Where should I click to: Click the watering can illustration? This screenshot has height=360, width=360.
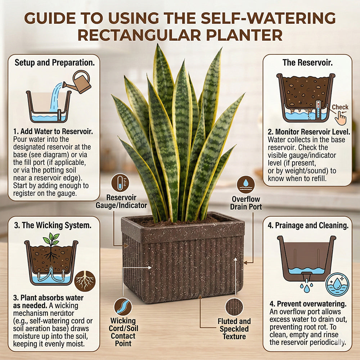tap(78, 82)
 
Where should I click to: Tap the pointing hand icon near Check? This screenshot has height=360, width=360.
tap(340, 118)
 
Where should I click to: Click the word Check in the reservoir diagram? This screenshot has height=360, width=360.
tap(340, 107)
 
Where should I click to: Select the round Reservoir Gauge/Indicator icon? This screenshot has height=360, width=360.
tap(120, 183)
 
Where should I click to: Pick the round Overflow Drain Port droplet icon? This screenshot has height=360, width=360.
tap(246, 185)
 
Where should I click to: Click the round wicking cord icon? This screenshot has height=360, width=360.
tap(123, 307)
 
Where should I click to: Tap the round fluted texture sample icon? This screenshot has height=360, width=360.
tap(234, 307)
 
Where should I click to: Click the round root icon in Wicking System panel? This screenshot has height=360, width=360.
tap(85, 281)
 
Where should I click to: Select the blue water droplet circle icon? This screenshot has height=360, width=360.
tap(337, 284)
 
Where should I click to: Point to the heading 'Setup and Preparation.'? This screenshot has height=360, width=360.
tap(55, 63)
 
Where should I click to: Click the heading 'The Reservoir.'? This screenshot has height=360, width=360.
tap(307, 63)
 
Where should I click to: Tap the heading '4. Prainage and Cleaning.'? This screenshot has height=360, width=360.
tap(308, 225)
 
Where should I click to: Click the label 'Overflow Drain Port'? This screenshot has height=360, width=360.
tap(246, 203)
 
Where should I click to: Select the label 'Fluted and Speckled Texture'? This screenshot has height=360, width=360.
tap(234, 329)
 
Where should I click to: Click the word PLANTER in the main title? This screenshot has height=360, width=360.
tap(244, 35)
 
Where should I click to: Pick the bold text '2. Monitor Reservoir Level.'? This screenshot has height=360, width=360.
tap(309, 132)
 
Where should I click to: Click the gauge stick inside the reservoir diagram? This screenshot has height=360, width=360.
tap(318, 109)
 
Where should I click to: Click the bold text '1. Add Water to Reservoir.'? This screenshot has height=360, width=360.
tap(53, 131)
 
